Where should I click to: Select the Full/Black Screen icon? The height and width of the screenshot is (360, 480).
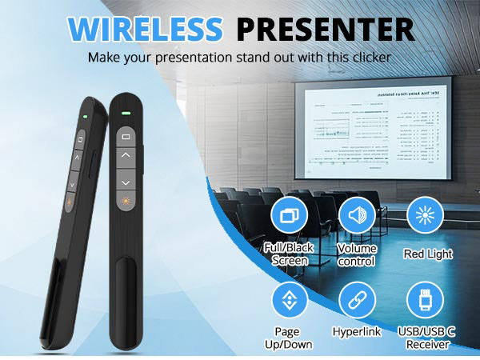tap(290, 214)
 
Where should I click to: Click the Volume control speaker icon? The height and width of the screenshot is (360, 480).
tap(357, 214)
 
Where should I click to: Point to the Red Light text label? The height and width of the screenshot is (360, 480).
tap(428, 254)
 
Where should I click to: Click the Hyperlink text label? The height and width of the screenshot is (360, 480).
tap(357, 331)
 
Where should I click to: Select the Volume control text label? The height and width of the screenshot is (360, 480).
tap(357, 254)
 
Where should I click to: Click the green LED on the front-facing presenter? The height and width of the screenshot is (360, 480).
tap(125, 112)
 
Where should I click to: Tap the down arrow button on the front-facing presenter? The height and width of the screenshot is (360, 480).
tap(125, 182)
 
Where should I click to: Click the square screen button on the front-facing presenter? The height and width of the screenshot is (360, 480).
tap(125, 137)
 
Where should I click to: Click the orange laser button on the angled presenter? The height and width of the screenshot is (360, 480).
tap(70, 204)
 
